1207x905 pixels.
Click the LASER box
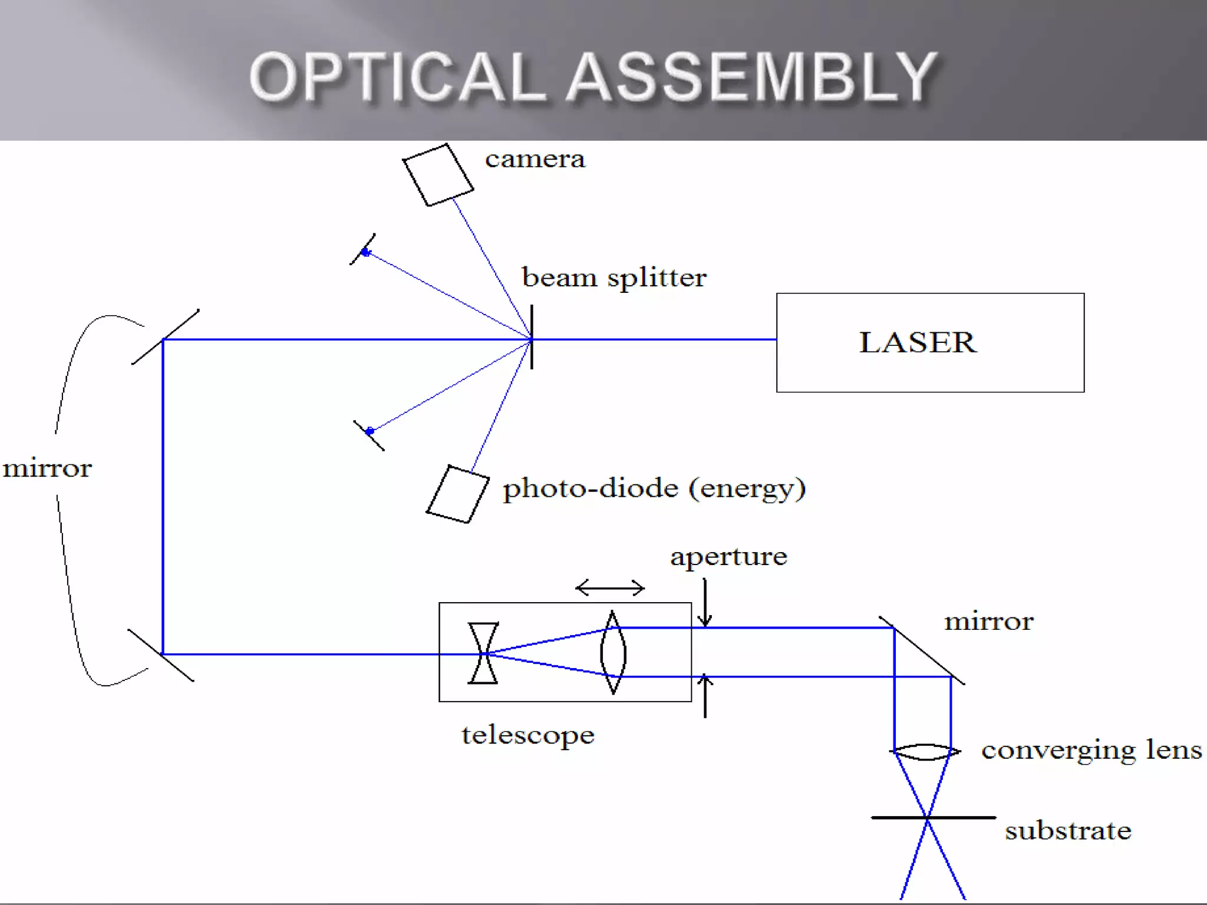[x=930, y=342]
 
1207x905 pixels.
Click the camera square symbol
[x=438, y=175]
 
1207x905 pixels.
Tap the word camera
[x=535, y=159]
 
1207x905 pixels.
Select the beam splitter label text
[x=614, y=278]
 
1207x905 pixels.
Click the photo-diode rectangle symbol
[x=457, y=494]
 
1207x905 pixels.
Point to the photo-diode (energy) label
[x=654, y=489]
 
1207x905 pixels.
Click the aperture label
[x=728, y=557]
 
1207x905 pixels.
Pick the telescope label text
[x=527, y=735]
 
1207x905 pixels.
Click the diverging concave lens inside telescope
[x=483, y=653]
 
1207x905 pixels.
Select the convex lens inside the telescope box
[x=613, y=653]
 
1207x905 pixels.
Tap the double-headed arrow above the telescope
[x=610, y=587]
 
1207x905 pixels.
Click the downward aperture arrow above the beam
[x=705, y=603]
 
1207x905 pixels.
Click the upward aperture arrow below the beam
[x=705, y=696]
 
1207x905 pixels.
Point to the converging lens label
[x=1091, y=751]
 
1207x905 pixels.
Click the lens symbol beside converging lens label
[x=925, y=752]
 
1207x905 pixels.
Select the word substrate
[x=1068, y=831]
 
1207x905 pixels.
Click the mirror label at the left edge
[x=47, y=469]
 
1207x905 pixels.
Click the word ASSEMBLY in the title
[x=752, y=78]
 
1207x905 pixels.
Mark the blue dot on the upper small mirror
[x=366, y=252]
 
